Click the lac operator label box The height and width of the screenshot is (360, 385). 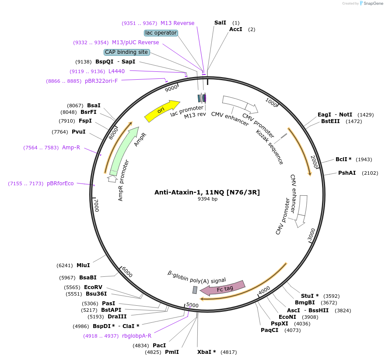[x=161, y=33]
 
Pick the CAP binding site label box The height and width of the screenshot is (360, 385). [x=126, y=52]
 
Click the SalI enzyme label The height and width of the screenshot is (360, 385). [x=220, y=22]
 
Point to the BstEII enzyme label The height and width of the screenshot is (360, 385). [x=330, y=121]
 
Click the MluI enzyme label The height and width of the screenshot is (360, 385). [x=83, y=265]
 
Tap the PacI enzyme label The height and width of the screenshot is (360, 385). [x=159, y=346]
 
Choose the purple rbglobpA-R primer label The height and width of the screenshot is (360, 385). [x=136, y=336]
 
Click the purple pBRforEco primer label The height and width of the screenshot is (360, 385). [x=60, y=184]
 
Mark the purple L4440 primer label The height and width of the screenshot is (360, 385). [x=116, y=71]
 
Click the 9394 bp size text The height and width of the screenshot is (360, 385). [x=207, y=199]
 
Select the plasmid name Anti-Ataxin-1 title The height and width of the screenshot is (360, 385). [x=207, y=192]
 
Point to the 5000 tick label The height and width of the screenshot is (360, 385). [x=192, y=305]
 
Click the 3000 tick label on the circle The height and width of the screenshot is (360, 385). [x=311, y=235]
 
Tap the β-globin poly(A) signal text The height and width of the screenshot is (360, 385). [x=197, y=277]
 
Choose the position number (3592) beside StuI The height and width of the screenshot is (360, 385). [x=331, y=296]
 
